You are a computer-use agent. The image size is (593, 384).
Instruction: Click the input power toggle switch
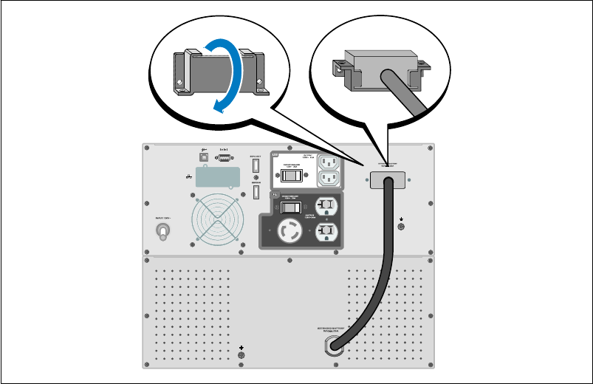tap(163, 233)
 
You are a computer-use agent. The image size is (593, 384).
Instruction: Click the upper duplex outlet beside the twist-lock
tap(326, 207)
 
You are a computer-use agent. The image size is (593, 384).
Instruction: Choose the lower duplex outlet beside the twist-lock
tap(326, 230)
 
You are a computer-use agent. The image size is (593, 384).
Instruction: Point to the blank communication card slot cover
tap(219, 178)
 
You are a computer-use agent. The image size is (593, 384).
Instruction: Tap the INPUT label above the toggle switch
tap(163, 218)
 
